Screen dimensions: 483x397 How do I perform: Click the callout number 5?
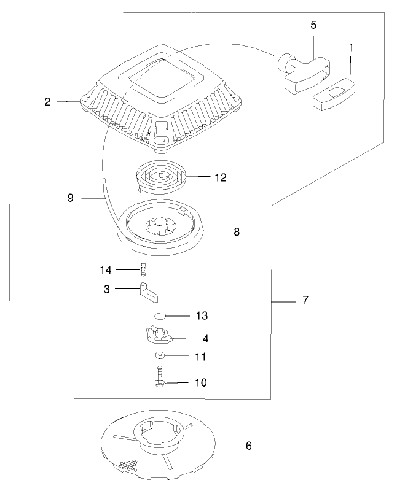[x=313, y=25]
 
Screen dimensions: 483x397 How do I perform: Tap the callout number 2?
[x=47, y=102]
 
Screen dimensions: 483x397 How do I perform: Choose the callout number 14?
[x=106, y=269]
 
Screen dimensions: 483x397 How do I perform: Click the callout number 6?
[x=248, y=445]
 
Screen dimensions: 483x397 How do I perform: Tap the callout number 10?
[x=201, y=382]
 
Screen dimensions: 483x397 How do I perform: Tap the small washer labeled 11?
[x=159, y=355]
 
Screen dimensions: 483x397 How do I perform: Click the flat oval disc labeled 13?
[x=160, y=316]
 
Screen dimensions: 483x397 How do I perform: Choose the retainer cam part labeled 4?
[x=160, y=334]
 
